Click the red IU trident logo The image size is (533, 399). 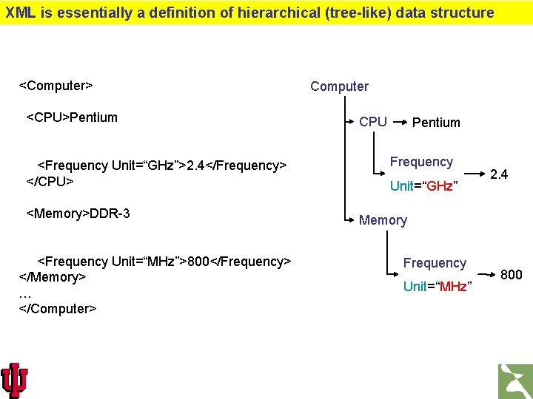click(15, 380)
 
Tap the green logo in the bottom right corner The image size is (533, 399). click(514, 381)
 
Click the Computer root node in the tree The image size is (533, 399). click(339, 86)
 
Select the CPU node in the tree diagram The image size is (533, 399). click(373, 122)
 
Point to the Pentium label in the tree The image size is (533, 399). click(436, 123)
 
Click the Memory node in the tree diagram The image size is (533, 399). click(383, 220)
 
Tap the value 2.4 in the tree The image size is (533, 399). click(499, 174)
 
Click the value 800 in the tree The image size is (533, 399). click(512, 275)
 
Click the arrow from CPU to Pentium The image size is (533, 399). click(399, 121)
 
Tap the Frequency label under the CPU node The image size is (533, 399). click(421, 162)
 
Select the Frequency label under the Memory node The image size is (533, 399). click(435, 263)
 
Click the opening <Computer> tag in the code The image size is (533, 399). click(56, 86)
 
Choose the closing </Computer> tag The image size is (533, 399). click(58, 308)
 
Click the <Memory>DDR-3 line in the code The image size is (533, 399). click(78, 214)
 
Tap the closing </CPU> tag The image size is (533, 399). click(50, 180)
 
